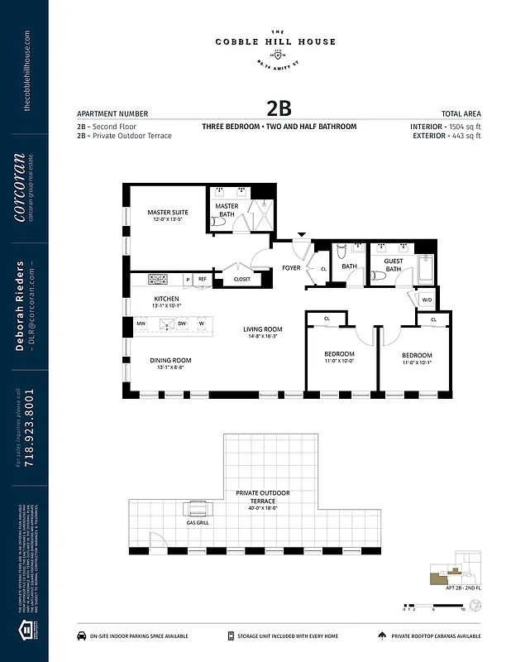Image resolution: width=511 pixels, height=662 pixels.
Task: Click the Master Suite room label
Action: tap(168, 213)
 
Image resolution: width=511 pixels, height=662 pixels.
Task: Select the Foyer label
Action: tap(291, 267)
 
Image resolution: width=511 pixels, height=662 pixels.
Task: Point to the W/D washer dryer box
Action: tap(427, 300)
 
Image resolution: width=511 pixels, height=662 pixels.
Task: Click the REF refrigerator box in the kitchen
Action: tap(202, 280)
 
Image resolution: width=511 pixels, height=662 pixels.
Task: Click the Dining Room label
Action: tap(170, 360)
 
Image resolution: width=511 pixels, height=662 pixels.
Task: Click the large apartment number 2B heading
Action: tap(279, 108)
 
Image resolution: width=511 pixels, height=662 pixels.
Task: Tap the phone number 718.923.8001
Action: tap(31, 429)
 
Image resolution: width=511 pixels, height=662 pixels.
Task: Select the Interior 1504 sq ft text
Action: tap(445, 126)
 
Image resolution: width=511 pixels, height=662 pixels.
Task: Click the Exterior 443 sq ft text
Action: tap(445, 136)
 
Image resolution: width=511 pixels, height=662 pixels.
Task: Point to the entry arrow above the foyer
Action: tap(301, 236)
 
